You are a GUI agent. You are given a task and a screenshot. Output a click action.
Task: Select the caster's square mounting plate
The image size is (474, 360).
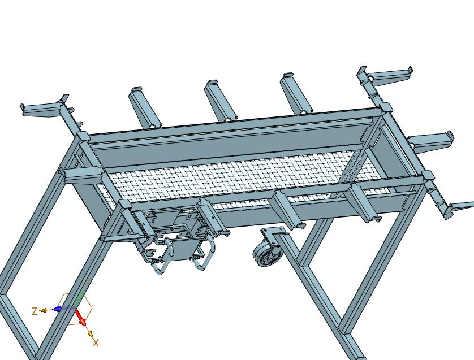273,234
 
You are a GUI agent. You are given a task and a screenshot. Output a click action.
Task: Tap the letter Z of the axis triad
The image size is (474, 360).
35,311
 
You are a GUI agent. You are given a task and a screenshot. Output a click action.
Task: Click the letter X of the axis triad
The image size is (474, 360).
96,343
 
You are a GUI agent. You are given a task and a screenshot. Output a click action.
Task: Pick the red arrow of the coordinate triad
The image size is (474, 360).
80,318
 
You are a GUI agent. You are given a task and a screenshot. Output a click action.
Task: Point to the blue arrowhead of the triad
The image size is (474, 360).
57,309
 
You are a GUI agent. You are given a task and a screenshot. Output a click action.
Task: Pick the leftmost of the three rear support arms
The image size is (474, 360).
145,107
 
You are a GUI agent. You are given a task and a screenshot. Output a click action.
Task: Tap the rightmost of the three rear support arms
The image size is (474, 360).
296,93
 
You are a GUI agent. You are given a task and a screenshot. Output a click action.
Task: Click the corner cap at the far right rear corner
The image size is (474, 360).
385,107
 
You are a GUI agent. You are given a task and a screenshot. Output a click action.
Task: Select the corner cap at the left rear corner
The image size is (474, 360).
83,136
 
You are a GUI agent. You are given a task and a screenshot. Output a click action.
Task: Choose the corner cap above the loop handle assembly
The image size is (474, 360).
125,205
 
